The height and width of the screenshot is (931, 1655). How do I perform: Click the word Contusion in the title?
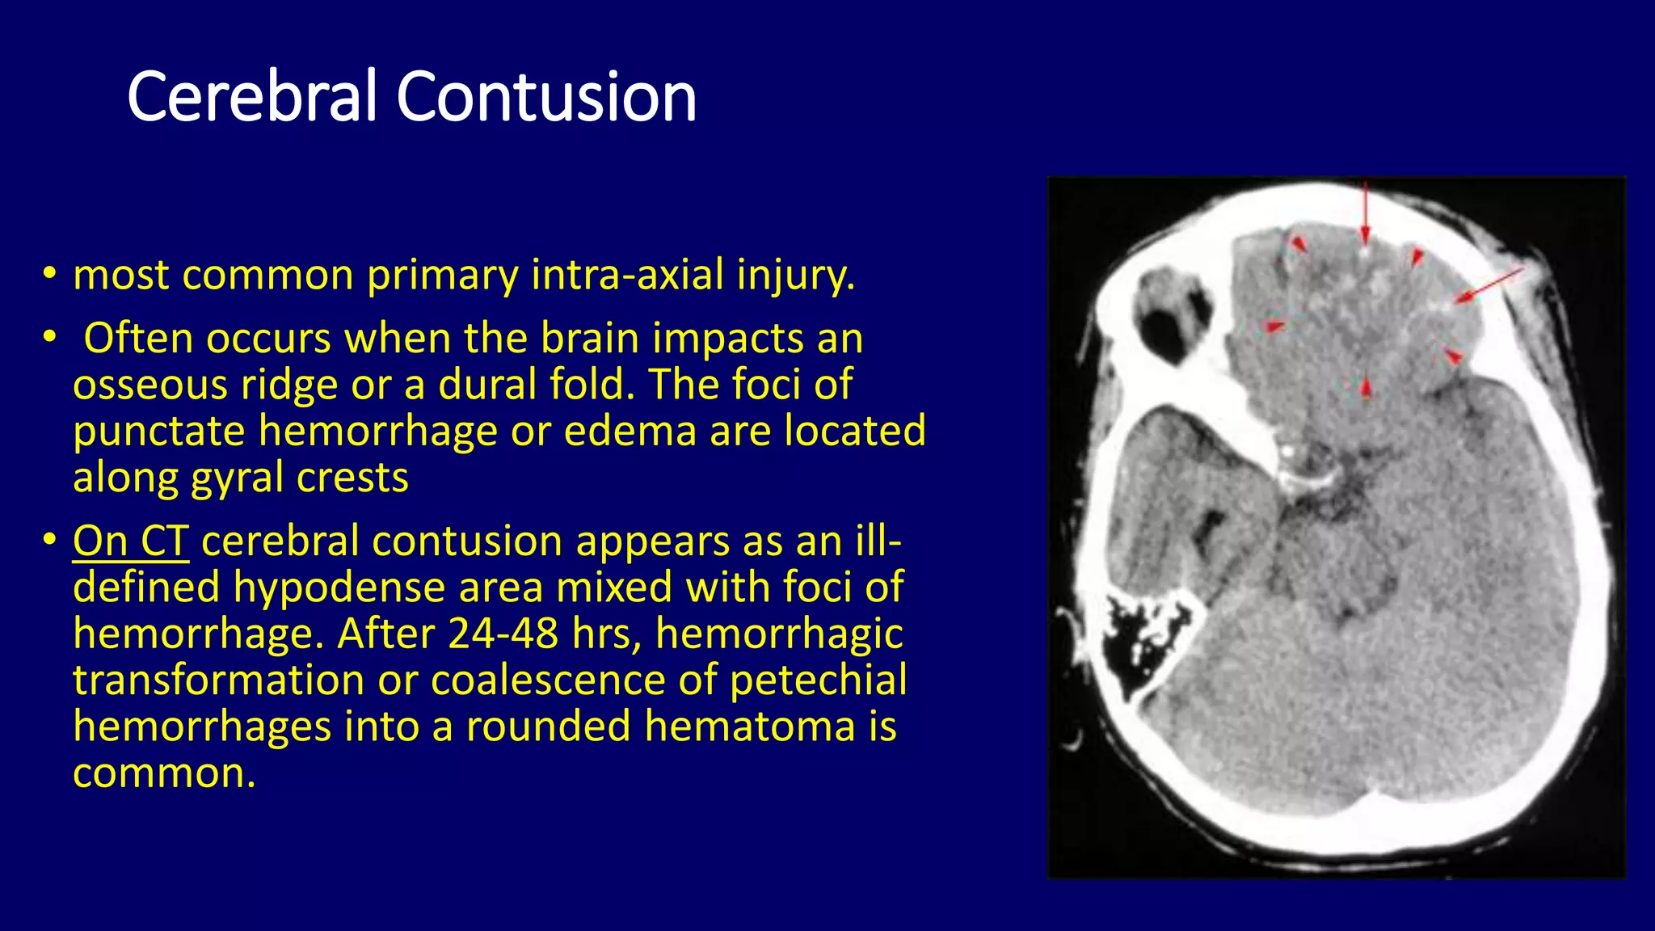546,97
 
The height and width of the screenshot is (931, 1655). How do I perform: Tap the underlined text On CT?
131,541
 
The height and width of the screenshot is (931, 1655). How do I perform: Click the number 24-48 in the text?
503,634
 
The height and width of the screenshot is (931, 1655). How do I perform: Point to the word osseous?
150,385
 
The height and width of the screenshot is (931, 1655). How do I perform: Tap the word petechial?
818,680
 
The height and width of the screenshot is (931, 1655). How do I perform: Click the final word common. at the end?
164,773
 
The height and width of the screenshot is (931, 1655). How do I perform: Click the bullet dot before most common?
50,275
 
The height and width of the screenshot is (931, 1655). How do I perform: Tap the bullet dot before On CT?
50,539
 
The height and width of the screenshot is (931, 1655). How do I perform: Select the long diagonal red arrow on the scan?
1489,287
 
